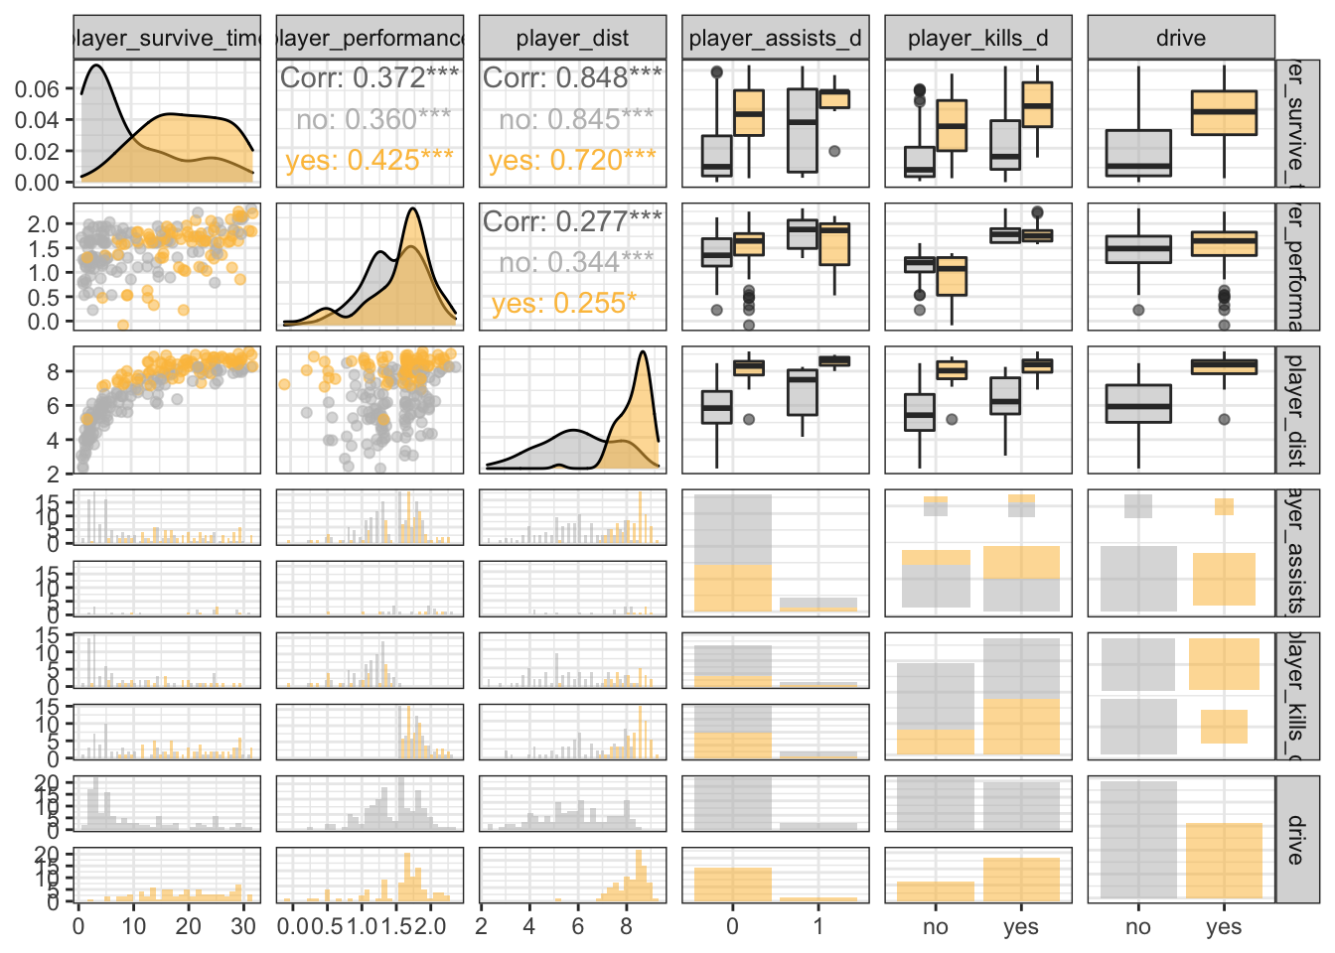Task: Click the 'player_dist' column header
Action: click(x=572, y=39)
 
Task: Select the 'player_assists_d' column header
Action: click(x=775, y=39)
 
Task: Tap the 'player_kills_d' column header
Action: click(x=977, y=39)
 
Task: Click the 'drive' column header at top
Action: click(x=1180, y=39)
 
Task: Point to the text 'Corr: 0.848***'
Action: click(x=572, y=77)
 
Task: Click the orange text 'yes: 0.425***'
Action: click(x=370, y=160)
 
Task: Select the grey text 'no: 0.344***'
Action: click(x=576, y=262)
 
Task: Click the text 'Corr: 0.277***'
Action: click(x=572, y=220)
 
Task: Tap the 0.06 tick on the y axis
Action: click(x=38, y=89)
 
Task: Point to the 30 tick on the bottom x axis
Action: click(x=243, y=926)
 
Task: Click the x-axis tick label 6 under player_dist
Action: click(x=577, y=926)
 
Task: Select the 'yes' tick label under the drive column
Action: click(x=1224, y=927)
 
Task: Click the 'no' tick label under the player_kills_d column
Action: click(x=936, y=927)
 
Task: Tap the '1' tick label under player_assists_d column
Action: click(x=818, y=926)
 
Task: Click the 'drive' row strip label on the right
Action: click(x=1296, y=840)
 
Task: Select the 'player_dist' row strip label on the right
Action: click(x=1296, y=410)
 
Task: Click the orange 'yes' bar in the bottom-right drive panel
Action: click(x=1224, y=861)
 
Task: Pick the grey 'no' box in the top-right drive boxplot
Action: click(x=1138, y=153)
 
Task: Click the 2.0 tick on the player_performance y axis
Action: click(x=44, y=224)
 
